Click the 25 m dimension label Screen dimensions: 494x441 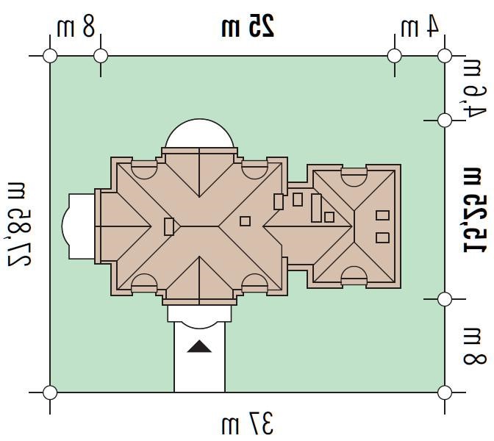pos(248,26)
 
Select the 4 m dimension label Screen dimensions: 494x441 pos(420,26)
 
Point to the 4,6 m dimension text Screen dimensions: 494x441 pos(474,89)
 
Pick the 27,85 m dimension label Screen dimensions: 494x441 pos(20,224)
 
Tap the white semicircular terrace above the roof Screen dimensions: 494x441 pos(199,134)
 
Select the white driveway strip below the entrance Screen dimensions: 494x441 pos(199,356)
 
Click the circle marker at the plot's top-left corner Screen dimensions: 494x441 pos(50,56)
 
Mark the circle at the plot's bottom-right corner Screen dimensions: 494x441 pos(445,392)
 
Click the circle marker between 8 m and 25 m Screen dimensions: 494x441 pos(101,56)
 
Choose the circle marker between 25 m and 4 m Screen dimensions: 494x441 pos(395,56)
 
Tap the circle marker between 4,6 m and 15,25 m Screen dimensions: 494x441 pos(445,121)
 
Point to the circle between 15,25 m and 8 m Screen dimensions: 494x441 pos(445,299)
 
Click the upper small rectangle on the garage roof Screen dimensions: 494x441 pos(382,215)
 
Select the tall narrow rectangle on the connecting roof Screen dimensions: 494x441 pos(316,208)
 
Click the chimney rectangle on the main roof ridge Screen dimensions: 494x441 pos(169,226)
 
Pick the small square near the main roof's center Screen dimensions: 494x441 pos(245,221)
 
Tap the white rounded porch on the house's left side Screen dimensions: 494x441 pos(79,226)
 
